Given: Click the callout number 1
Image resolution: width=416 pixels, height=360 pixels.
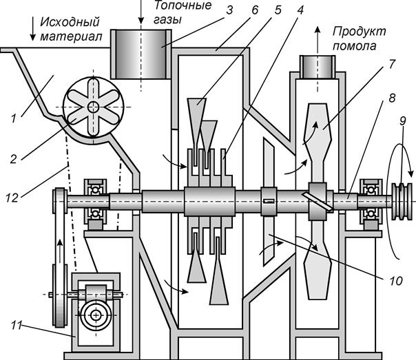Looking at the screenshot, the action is (14, 118).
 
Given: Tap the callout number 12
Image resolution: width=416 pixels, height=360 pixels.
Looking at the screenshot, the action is (12, 198).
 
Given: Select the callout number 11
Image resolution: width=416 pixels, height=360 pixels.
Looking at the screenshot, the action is (16, 326).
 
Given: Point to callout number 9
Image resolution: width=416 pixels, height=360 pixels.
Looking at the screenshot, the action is (403, 121).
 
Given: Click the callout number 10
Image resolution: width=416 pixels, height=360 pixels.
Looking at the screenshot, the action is (396, 280).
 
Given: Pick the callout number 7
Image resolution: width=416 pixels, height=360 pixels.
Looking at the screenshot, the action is (392, 64).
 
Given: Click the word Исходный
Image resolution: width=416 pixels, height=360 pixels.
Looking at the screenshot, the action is (70, 22).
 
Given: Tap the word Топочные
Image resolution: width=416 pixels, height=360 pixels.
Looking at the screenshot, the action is (183, 6).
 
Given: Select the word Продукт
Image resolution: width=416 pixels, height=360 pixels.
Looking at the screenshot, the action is (360, 32).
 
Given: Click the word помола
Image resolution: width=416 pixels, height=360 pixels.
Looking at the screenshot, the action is (355, 45).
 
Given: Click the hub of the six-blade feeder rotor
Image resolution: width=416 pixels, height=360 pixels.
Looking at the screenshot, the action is (94, 107).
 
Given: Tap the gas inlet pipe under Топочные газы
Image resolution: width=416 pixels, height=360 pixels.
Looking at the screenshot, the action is (141, 54).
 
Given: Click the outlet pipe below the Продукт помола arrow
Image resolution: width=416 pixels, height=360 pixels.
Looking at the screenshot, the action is (318, 67).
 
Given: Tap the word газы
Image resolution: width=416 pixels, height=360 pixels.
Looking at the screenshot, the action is (167, 20).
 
